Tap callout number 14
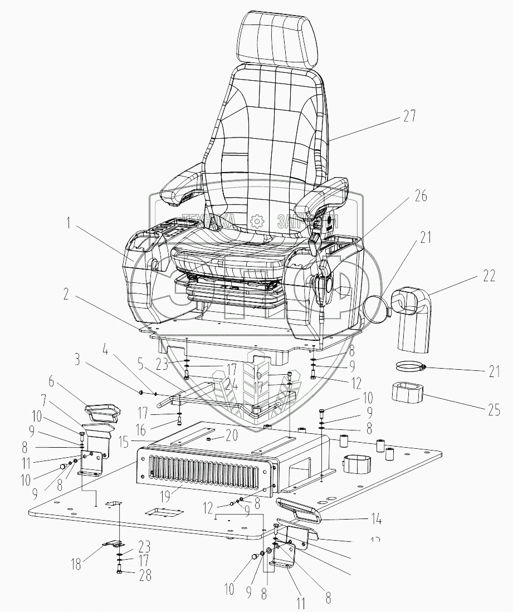click(378, 521)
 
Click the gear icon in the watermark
click(257, 221)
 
